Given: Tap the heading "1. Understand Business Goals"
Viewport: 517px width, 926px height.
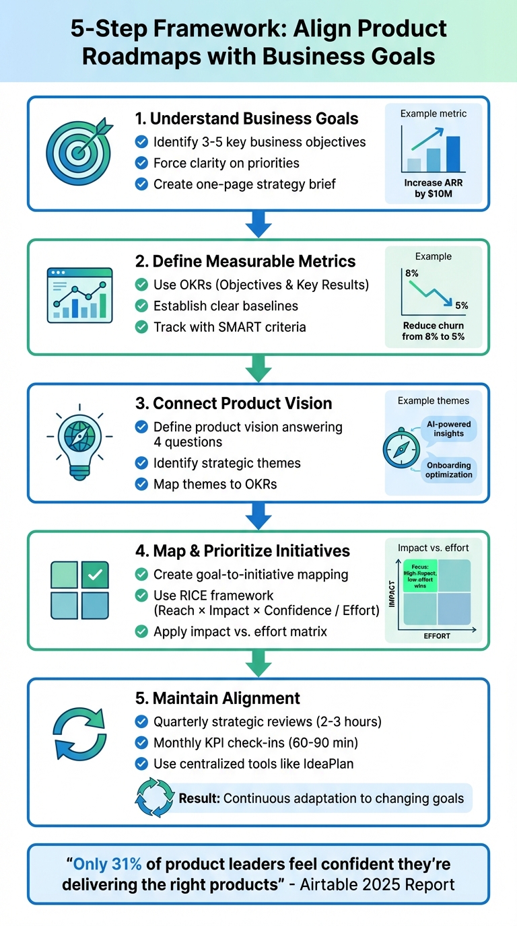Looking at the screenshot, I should (x=246, y=119).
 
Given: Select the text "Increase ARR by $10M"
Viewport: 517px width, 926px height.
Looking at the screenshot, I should (x=433, y=188).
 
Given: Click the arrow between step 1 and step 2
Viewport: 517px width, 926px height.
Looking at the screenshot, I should (x=258, y=223).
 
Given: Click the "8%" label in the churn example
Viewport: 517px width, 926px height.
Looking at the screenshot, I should (x=412, y=273).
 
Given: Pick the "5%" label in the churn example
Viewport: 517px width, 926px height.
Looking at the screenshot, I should (x=461, y=306).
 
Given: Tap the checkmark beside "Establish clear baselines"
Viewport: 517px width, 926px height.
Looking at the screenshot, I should (x=141, y=306).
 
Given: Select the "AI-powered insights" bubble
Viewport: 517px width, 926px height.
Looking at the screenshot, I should (x=448, y=429).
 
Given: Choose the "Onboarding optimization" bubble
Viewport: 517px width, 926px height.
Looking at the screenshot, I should (x=448, y=470).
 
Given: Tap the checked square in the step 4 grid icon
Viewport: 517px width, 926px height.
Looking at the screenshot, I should (x=95, y=575).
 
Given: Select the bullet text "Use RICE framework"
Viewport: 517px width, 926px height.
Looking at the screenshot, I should (x=213, y=595).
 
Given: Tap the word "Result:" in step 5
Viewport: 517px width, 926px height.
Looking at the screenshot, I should (x=199, y=799).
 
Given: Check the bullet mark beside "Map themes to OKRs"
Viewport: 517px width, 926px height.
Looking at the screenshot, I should (x=141, y=484).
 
